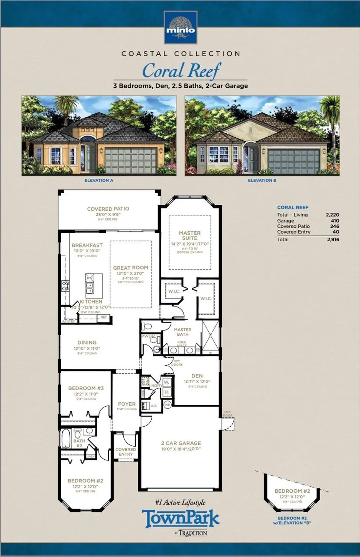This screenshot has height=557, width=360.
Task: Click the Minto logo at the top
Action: [180, 27]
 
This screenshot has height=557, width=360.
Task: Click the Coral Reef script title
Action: [181, 71]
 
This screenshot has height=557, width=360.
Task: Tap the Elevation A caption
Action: [99, 180]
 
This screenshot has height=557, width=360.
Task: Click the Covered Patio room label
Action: [108, 209]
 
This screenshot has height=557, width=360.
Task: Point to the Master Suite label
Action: [189, 235]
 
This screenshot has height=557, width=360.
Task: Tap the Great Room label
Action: [130, 268]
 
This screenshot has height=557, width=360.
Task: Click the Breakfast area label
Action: [87, 245]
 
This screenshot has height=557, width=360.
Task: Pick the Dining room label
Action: [87, 343]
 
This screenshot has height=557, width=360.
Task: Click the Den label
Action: [197, 376]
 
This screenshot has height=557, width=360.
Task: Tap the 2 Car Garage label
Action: [181, 443]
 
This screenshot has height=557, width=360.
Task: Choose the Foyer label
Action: [127, 404]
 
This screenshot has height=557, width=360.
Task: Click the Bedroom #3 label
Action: [86, 388]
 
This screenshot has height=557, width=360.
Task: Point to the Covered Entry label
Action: [126, 452]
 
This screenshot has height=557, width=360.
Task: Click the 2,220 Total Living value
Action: [332, 215]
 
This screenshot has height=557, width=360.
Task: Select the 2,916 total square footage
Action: [333, 240]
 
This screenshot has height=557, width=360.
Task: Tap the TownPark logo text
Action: [181, 519]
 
